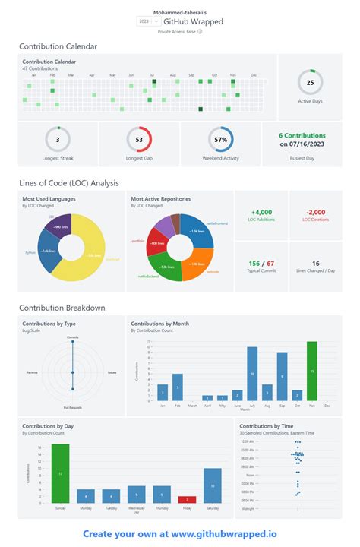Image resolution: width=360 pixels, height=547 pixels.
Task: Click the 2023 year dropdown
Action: [147, 22]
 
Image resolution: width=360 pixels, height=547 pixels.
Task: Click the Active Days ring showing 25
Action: [310, 82]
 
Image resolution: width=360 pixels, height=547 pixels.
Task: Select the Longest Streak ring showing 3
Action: [58, 140]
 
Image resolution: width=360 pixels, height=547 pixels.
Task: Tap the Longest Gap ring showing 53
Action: [139, 140]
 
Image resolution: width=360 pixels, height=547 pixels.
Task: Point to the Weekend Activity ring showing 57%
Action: [221, 140]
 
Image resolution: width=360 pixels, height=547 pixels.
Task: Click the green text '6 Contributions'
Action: [302, 136]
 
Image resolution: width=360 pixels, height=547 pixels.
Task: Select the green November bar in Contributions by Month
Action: [311, 371]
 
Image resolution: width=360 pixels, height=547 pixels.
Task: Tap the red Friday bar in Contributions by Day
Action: [187, 499]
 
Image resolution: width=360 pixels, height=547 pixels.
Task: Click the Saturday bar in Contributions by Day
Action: [212, 485]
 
